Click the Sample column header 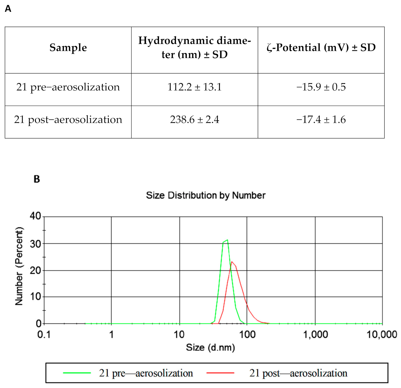(68, 48)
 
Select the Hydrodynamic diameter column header (195, 48)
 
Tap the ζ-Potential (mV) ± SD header (321, 48)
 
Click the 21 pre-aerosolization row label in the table (68, 87)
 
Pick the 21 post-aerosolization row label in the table (68, 120)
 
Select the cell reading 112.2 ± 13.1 (195, 87)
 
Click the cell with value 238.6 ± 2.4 (195, 120)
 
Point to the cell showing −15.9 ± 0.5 (321, 87)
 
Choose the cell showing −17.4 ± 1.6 (321, 120)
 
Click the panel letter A (8, 9)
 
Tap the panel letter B (37, 179)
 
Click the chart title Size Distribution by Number (206, 195)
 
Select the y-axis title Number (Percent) (19, 266)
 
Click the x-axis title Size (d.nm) (210, 347)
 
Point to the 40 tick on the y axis (35, 216)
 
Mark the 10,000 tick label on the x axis (382, 334)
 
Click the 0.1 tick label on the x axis (44, 334)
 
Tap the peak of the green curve (227, 240)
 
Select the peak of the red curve (232, 262)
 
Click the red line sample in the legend (220, 373)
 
